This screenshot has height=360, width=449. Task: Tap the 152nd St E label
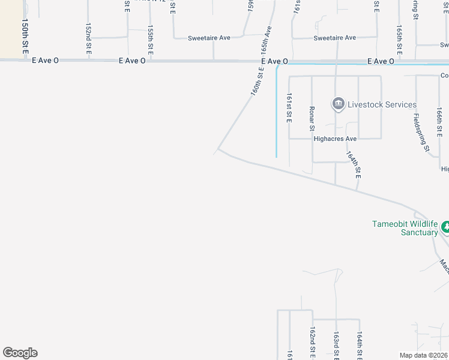coord(88,40)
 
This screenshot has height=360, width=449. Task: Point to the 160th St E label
coord(258,82)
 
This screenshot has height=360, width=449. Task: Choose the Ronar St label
coord(312,118)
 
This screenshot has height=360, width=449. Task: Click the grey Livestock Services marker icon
coord(338,104)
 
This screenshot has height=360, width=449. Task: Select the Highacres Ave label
coord(335,139)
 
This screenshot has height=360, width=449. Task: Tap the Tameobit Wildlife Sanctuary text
coord(405,228)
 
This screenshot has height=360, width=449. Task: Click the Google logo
coord(20,353)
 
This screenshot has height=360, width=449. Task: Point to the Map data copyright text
coord(424,355)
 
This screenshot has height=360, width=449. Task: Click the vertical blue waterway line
coord(276,114)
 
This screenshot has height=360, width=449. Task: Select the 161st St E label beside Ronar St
coord(289,108)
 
